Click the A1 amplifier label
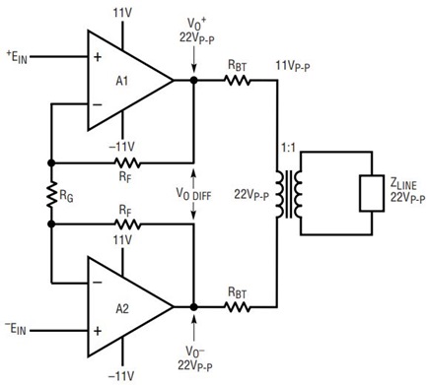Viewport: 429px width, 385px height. (122, 81)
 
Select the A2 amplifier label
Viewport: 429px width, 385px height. (122, 308)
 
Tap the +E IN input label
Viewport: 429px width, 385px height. (17, 57)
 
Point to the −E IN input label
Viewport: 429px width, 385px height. (16, 329)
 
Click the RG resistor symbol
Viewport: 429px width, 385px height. (51, 194)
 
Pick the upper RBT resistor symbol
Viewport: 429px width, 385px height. (238, 80)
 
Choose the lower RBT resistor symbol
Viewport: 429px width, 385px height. (238, 307)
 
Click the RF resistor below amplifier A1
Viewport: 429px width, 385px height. (127, 162)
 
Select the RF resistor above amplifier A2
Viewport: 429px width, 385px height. (127, 225)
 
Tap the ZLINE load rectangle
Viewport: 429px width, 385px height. (372, 193)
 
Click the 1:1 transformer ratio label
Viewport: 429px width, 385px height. (288, 148)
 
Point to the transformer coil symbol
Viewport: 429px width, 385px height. (288, 194)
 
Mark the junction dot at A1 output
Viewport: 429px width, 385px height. (194, 80)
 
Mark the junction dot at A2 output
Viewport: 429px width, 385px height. (194, 307)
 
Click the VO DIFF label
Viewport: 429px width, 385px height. (193, 194)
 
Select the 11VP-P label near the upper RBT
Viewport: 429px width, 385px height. (293, 66)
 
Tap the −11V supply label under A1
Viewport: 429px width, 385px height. (121, 147)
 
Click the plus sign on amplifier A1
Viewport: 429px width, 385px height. (98, 57)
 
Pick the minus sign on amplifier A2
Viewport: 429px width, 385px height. (98, 283)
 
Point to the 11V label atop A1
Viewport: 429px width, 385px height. (122, 13)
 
